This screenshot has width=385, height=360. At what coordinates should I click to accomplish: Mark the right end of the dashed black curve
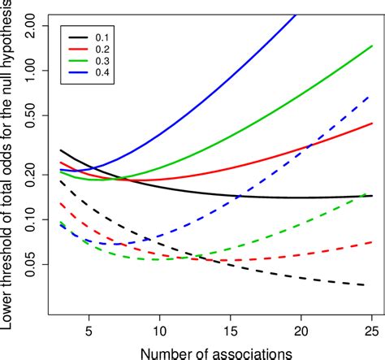coord(364,285)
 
